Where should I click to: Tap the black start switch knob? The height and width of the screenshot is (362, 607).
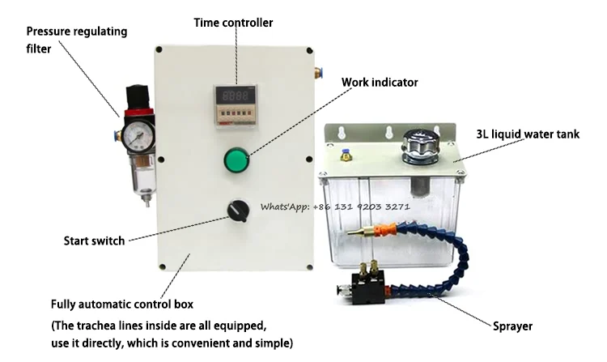pyautogui.click(x=236, y=211)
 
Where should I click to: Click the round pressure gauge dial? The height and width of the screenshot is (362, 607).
pyautogui.click(x=138, y=134)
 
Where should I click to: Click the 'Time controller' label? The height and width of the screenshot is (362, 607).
pyautogui.click(x=233, y=22)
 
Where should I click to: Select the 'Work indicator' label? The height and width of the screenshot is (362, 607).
pyautogui.click(x=380, y=83)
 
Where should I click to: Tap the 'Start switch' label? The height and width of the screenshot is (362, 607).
pyautogui.click(x=95, y=241)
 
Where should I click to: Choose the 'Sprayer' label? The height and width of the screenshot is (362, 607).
pyautogui.click(x=513, y=327)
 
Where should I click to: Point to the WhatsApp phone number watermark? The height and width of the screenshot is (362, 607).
pyautogui.click(x=335, y=207)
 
